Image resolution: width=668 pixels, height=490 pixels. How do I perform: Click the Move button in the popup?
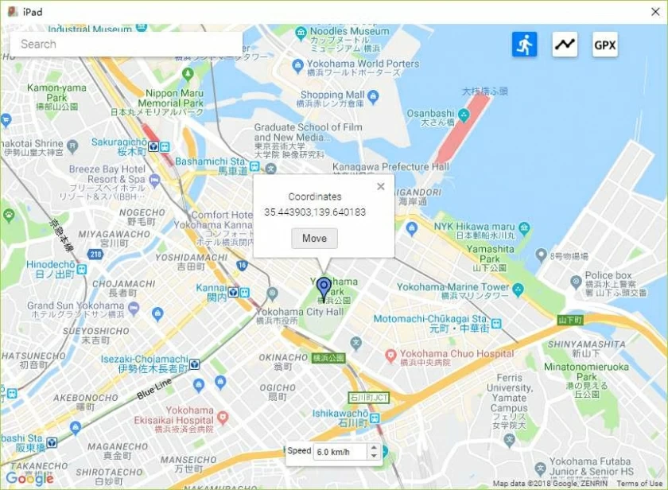coord(314,239)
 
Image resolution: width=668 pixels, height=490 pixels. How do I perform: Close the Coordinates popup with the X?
coord(380,186)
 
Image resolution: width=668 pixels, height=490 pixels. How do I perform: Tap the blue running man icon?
coord(524,45)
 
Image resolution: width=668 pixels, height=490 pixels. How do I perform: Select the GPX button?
coord(604,45)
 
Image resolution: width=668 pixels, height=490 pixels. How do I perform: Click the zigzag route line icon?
coord(565,45)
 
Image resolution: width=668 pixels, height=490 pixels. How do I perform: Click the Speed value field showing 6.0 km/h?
coord(339,452)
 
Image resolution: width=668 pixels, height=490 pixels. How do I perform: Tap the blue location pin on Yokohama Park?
coord(323,288)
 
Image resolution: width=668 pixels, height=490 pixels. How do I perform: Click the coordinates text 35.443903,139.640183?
coord(315,212)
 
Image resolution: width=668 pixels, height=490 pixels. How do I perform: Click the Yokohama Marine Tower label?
coord(453,286)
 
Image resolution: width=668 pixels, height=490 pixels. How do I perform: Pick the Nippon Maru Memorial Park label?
coord(174,98)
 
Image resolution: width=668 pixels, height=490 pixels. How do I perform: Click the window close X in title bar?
coord(655,11)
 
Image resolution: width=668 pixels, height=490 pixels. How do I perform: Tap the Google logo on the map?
coord(29,479)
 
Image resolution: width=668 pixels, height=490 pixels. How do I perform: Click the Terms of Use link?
coord(639,484)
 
